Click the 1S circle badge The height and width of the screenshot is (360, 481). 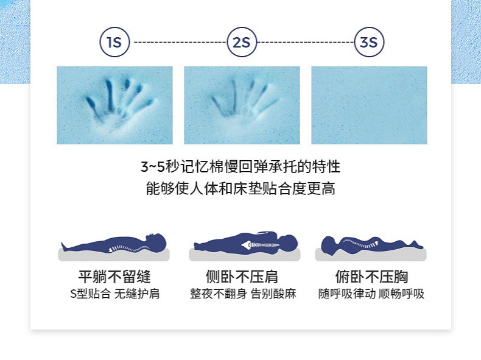click(x=114, y=43)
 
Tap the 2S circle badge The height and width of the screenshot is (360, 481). click(x=242, y=43)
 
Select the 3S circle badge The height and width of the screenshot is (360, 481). click(x=369, y=43)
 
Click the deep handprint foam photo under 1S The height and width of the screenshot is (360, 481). click(x=114, y=105)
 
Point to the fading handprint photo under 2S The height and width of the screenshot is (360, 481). click(x=242, y=105)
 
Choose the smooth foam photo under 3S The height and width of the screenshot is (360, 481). click(x=369, y=105)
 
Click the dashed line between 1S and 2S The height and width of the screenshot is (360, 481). click(x=178, y=43)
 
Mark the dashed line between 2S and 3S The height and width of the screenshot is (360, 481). click(x=306, y=43)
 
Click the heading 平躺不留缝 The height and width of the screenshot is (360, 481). click(x=114, y=277)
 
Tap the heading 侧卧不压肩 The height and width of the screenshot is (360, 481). click(x=242, y=277)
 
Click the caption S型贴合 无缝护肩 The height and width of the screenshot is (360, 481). click(x=114, y=294)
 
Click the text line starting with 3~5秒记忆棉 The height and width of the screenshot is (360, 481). click(x=240, y=166)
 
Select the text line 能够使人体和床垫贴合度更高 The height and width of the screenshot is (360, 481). click(x=240, y=188)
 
